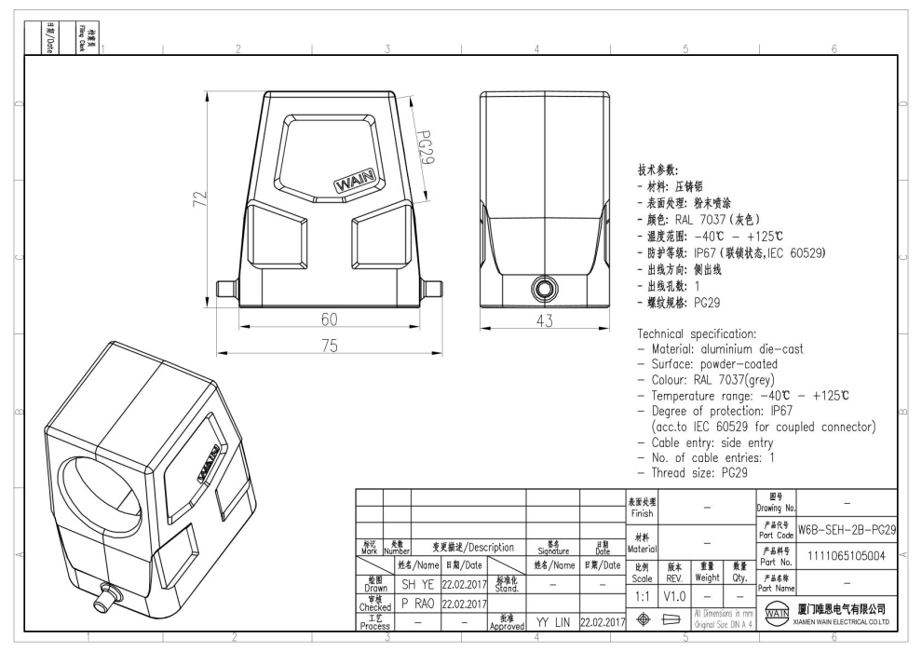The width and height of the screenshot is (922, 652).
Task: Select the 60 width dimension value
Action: [x=329, y=319]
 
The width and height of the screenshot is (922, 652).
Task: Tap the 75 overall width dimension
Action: [x=329, y=346]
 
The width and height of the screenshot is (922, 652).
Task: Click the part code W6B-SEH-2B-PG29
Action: [x=847, y=528]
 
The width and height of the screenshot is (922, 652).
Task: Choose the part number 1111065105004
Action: [x=847, y=553]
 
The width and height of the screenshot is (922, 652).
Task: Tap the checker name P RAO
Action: [x=419, y=603]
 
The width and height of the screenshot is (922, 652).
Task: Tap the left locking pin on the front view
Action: [x=224, y=289]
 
